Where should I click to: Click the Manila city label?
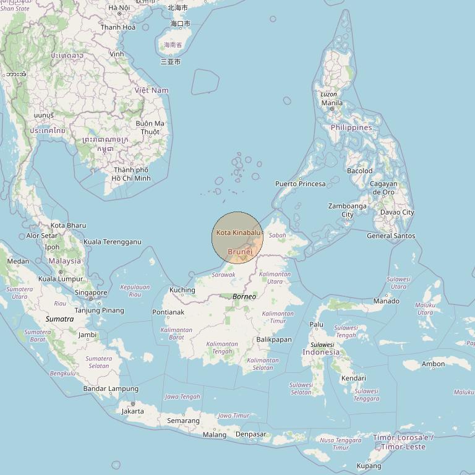[x=332, y=103]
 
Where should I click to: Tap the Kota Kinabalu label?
[x=238, y=233]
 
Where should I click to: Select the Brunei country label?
[x=240, y=252]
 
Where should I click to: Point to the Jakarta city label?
[x=132, y=411]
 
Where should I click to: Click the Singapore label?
[x=91, y=293]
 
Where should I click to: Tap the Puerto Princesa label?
[x=300, y=184]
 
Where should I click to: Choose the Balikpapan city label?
[x=273, y=340]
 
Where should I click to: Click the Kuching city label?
[x=182, y=290]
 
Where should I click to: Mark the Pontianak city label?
[x=168, y=312]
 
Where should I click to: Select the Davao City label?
[x=397, y=212]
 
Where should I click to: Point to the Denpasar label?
[x=250, y=434]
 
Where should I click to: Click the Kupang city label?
[x=369, y=466]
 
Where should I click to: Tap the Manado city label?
[x=386, y=301]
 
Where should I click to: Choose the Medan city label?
[x=18, y=261]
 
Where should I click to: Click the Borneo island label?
[x=244, y=297]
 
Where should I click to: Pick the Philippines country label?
[x=351, y=127]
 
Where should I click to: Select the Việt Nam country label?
[x=152, y=90]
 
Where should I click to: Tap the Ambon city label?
[x=433, y=364]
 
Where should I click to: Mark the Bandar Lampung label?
[x=111, y=388]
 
